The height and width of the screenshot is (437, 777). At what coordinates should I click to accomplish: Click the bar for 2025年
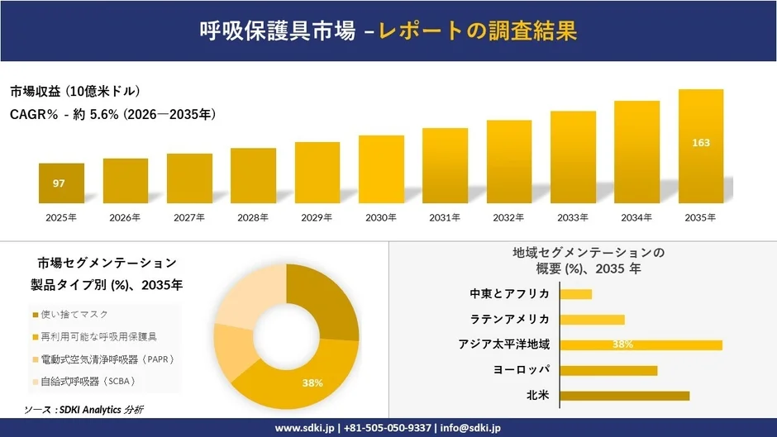pyautogui.click(x=61, y=183)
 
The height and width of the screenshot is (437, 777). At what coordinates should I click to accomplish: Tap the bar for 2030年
pyautogui.click(x=381, y=169)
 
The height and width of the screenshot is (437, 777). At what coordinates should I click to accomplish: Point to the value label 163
pyautogui.click(x=700, y=143)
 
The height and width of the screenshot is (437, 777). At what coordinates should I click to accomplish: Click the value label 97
pyautogui.click(x=59, y=183)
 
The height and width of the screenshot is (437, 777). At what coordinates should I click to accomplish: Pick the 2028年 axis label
pyautogui.click(x=253, y=217)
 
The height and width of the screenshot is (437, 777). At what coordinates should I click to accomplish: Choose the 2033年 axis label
pyautogui.click(x=573, y=217)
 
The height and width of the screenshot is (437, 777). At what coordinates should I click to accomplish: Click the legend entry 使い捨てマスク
pyautogui.click(x=75, y=315)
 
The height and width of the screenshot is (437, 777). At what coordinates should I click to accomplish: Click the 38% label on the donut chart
pyautogui.click(x=312, y=382)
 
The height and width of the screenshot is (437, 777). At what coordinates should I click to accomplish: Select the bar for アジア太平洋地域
pyautogui.click(x=641, y=344)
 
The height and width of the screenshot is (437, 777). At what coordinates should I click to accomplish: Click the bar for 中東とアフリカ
pyautogui.click(x=576, y=293)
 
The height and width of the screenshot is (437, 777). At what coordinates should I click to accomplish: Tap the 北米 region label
pyautogui.click(x=537, y=396)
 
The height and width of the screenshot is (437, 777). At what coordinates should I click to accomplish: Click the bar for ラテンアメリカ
pyautogui.click(x=592, y=319)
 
